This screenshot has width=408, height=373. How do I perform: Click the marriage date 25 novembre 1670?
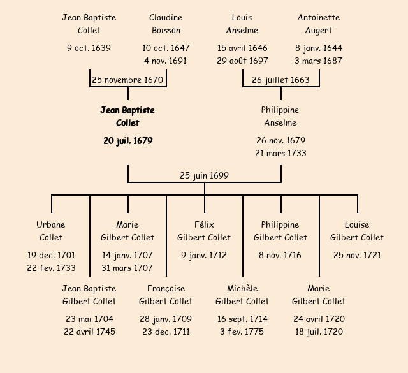point(127,80)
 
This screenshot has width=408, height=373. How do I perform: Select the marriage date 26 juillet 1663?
point(280,80)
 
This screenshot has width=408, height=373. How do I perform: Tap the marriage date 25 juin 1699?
point(204,175)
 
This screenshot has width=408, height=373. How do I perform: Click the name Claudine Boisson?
point(166,24)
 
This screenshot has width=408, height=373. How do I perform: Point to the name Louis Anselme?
point(242,24)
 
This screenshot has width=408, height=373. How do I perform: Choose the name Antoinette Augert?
point(319,24)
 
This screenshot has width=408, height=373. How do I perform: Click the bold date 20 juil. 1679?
point(127,141)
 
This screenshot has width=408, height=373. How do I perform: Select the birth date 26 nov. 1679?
point(280,141)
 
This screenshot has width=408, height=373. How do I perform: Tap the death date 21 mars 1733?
point(280,154)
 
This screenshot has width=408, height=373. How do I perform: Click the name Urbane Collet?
point(51,231)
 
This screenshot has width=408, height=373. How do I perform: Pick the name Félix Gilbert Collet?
point(204,231)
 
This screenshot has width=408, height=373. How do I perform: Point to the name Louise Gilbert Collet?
point(357,231)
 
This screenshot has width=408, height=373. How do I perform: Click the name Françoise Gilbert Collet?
point(166,295)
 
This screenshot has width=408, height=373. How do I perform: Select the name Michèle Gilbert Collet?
point(242,295)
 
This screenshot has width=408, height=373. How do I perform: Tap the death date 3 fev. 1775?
point(242,332)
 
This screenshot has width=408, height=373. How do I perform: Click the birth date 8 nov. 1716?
point(280,256)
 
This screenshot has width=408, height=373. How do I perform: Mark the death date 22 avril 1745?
point(89,332)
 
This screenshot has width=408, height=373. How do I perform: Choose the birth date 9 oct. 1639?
point(89,48)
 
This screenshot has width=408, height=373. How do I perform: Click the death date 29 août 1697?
point(242,61)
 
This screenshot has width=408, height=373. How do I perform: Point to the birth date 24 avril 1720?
point(319,319)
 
